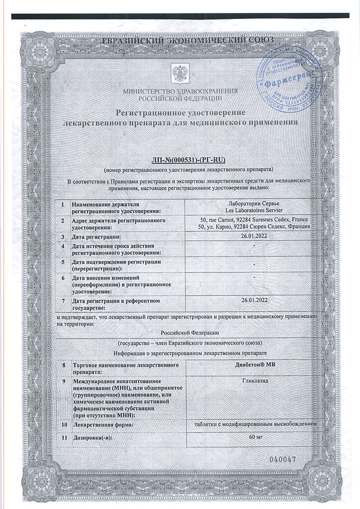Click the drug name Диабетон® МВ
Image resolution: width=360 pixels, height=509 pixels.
[x=254, y=365]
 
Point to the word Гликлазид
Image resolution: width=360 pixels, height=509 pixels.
[x=254, y=379]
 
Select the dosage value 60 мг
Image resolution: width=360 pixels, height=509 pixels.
[x=254, y=436]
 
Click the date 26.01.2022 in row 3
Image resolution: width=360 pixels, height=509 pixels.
[x=254, y=237]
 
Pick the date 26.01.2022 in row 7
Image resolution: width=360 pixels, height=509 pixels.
[x=254, y=300]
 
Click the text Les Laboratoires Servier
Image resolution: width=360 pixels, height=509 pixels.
[x=254, y=211]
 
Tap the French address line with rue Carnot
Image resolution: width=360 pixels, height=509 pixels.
[x=254, y=219]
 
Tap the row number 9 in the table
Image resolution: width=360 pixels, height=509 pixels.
[x=63, y=381]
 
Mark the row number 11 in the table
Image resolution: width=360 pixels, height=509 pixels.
[x=64, y=437]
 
